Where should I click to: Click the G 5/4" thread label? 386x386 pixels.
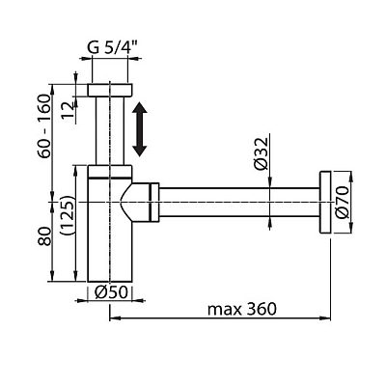112,48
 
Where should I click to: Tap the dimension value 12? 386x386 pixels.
69,109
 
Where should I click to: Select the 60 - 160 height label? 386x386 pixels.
44,125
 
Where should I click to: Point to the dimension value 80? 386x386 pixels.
44,236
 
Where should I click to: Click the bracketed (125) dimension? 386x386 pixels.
68,216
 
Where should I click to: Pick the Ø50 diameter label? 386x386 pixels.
111,292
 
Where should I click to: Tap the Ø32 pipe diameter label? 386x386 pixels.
261,153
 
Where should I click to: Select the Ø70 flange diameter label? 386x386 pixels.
342,203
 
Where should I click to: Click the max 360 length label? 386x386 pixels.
242,310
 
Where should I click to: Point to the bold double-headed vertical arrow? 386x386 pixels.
140,129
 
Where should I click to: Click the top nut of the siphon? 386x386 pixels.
110,90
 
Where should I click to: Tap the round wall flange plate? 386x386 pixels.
325,203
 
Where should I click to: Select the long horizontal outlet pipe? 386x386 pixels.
239,202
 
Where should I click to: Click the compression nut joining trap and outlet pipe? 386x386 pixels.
154,202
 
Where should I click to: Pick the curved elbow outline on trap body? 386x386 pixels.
125,203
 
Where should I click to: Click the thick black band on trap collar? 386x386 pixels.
110,178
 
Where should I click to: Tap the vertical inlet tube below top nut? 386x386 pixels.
110,130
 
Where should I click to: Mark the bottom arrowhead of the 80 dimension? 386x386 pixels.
52,276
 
